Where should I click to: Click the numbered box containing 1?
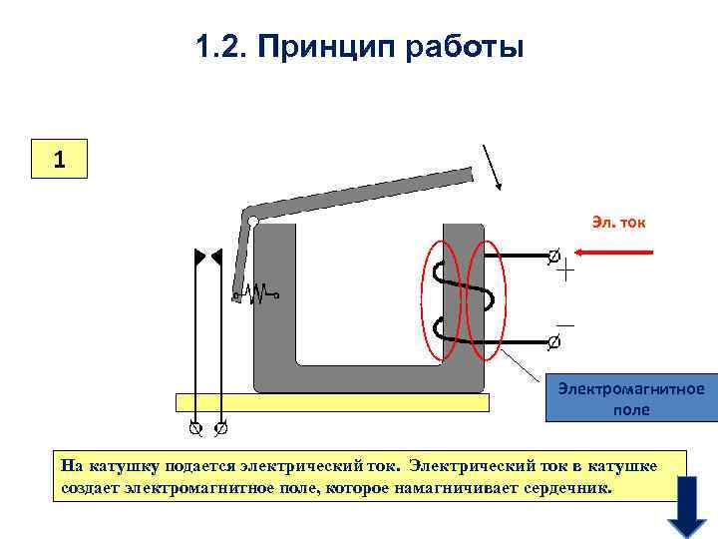pyautogui.click(x=60, y=158)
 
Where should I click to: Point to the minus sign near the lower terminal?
pyautogui.click(x=565, y=325)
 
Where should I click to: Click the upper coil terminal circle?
pyautogui.click(x=554, y=255)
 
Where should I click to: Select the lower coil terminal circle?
pyautogui.click(x=554, y=342)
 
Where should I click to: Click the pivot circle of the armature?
pyautogui.click(x=254, y=221)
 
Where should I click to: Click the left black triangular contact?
pyautogui.click(x=199, y=257)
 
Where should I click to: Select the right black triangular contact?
pyautogui.click(x=216, y=257)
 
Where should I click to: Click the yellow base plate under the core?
pyautogui.click(x=332, y=402)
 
